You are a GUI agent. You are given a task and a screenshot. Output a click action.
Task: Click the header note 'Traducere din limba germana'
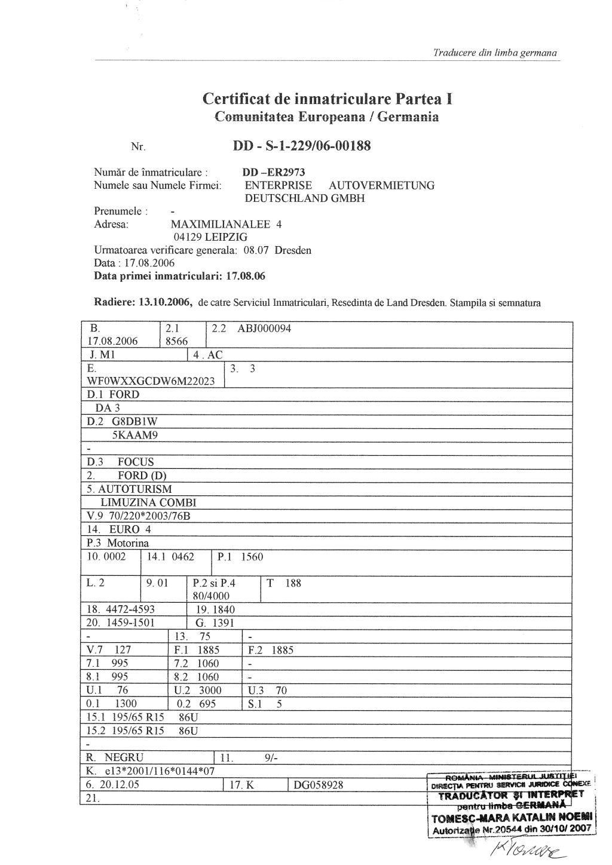495,53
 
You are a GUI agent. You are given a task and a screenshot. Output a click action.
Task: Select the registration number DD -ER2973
274,173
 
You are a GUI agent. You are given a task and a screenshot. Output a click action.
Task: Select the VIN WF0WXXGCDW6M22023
151,381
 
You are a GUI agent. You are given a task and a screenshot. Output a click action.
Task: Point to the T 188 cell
284,583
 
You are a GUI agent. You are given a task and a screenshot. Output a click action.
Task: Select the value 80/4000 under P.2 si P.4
211,596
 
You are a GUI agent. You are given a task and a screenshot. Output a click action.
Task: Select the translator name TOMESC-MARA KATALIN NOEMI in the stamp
512,817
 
